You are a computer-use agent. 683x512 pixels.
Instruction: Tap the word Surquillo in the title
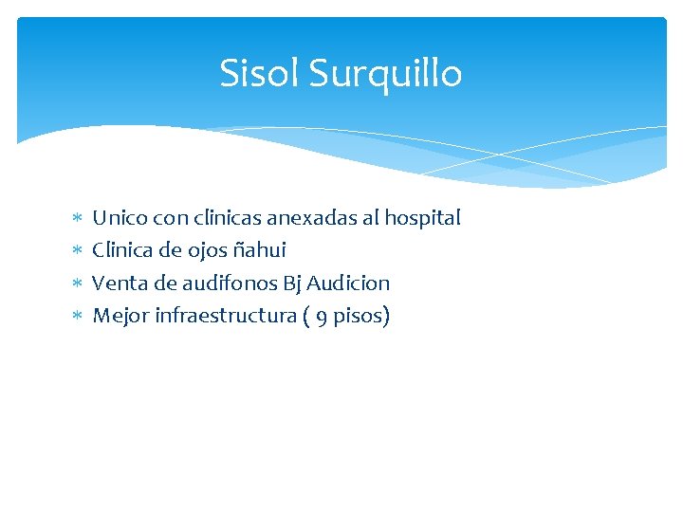(x=385, y=74)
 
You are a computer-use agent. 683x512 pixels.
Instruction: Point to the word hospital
(x=423, y=219)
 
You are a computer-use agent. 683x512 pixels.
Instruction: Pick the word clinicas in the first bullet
(x=226, y=218)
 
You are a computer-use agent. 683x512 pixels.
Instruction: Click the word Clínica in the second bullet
(x=122, y=250)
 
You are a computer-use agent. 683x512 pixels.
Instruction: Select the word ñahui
(x=259, y=250)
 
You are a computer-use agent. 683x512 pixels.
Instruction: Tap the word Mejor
(x=119, y=316)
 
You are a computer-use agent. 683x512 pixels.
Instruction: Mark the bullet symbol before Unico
(x=77, y=219)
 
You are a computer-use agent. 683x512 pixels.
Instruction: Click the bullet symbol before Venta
(x=77, y=283)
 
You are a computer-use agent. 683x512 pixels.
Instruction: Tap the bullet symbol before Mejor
(x=77, y=316)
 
